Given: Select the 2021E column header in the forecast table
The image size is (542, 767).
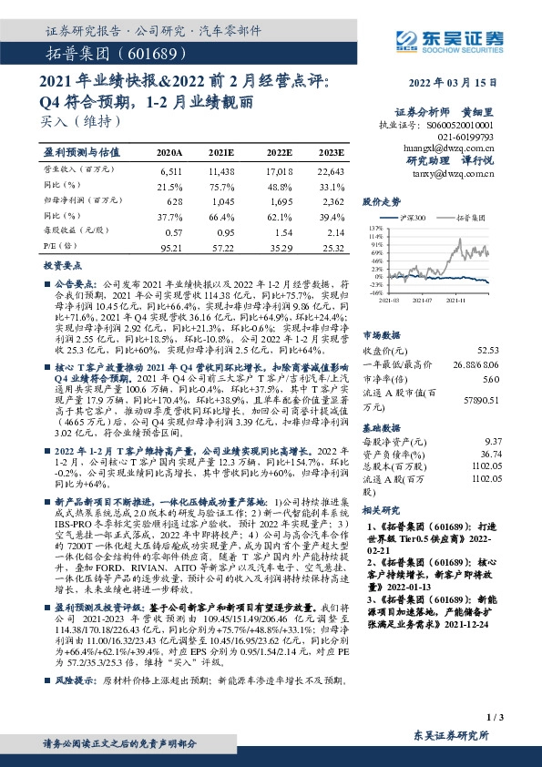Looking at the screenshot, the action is pos(221,152).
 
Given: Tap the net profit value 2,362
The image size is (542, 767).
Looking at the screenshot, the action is pos(332,201).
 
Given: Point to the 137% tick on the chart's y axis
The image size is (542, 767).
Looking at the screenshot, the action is pos(376,228).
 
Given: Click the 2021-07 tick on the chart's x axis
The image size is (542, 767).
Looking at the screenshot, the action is pos(427,297).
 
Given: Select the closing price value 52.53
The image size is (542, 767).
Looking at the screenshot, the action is pos(488,350).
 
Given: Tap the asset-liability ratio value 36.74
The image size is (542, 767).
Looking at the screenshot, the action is pos(491,453).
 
